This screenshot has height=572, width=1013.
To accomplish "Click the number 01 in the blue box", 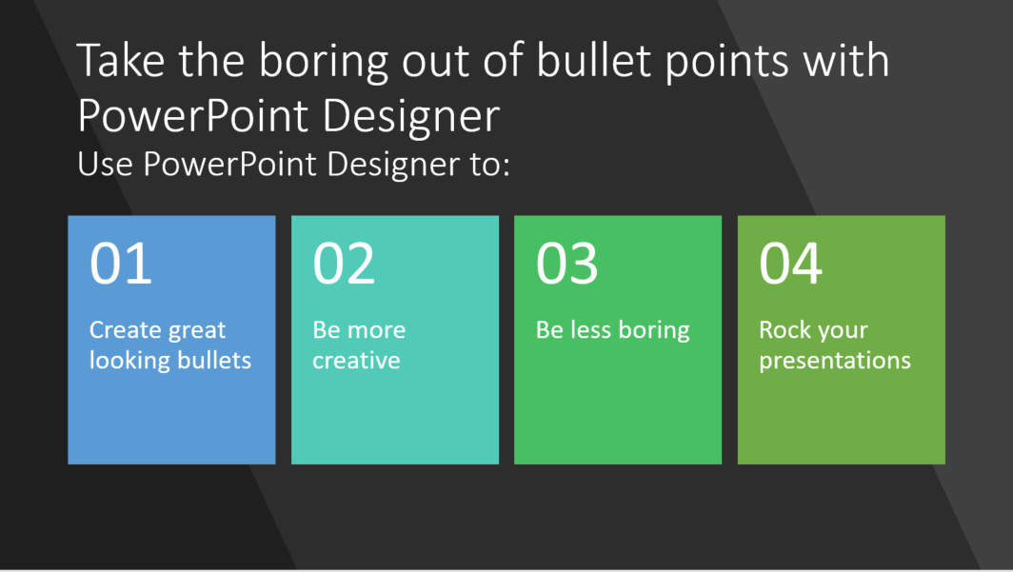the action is (x=121, y=263).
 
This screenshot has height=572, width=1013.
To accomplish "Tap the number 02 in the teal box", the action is (x=344, y=263).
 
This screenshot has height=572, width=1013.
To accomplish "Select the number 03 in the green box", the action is (x=566, y=263).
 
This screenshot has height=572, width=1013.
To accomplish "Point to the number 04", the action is (x=791, y=263).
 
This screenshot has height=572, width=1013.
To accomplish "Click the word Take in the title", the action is (x=121, y=60).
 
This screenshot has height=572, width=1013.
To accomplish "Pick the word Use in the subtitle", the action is (x=105, y=164).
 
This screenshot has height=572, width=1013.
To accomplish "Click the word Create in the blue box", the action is (x=126, y=330).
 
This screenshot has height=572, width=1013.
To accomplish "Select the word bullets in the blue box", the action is (x=214, y=360).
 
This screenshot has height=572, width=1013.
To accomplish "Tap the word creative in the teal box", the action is (x=356, y=361).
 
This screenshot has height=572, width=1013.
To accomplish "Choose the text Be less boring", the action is (x=612, y=331).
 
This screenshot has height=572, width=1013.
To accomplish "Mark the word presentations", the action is (x=835, y=362).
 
